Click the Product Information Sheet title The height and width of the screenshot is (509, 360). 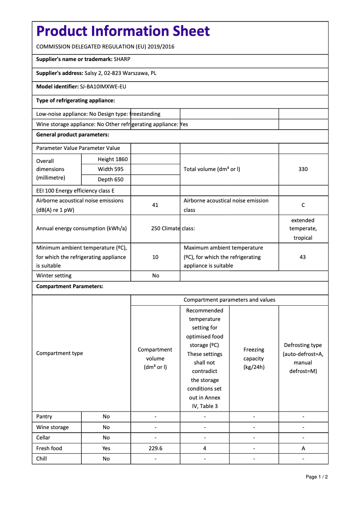(123, 31)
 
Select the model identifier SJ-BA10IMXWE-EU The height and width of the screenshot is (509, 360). (103, 87)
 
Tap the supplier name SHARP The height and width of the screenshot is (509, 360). (122, 59)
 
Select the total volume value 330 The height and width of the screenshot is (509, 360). (303, 169)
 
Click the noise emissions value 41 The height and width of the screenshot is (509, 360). (155, 205)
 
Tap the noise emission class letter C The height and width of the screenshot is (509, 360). (303, 205)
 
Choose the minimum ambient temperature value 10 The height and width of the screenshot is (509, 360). (155, 257)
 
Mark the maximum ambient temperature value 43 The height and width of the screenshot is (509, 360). (303, 257)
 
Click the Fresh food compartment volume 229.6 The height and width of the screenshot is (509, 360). (155, 448)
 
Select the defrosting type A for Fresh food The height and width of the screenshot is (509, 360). (303, 448)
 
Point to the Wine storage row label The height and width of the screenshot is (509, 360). (53, 427)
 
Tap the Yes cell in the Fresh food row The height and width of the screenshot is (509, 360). (106, 448)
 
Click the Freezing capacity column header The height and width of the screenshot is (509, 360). (254, 358)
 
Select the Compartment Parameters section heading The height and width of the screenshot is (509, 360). (70, 286)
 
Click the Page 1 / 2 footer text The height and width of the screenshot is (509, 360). (316, 477)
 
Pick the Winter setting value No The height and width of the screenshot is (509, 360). (155, 276)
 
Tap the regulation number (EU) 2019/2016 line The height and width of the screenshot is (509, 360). (105, 47)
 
